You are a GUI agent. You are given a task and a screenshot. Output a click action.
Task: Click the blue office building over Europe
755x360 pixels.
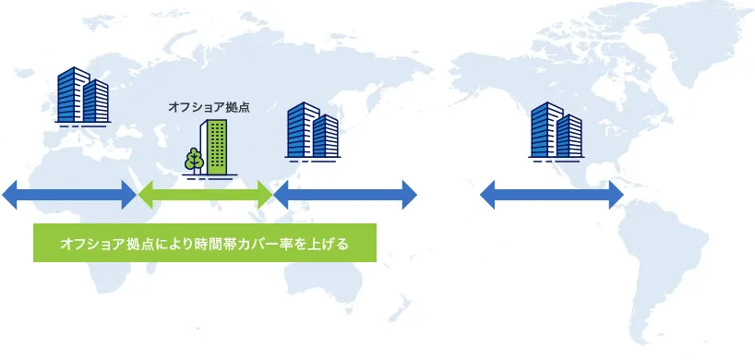[82, 96]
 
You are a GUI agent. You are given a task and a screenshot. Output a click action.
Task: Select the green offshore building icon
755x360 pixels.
[216, 147]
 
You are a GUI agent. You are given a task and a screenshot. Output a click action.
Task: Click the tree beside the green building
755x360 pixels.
[194, 160]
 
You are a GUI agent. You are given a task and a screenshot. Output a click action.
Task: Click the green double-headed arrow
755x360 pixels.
[205, 195]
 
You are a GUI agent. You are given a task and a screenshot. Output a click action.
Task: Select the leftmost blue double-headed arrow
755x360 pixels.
[69, 195]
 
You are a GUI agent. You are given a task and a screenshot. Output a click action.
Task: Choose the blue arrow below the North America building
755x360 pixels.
[552, 195]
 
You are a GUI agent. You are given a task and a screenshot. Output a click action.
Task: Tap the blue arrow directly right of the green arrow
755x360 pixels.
[345, 195]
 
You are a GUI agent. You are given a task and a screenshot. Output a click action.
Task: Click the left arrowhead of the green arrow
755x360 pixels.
[146, 195]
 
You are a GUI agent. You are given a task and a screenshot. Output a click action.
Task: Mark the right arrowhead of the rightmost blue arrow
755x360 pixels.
[615, 195]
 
